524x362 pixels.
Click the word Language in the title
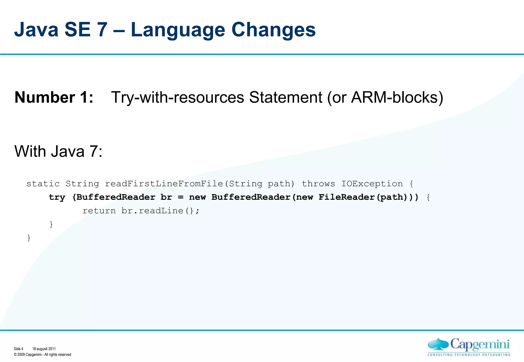click(178, 30)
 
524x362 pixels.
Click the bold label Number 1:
click(54, 98)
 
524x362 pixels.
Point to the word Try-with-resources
click(178, 98)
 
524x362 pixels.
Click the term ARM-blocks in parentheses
click(394, 98)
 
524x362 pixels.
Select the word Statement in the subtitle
click(285, 98)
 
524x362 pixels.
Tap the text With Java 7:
click(58, 151)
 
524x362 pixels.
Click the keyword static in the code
click(43, 184)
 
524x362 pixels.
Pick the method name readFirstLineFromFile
click(164, 184)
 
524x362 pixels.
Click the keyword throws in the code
click(318, 184)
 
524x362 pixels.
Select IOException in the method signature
click(372, 184)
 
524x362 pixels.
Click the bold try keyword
click(57, 197)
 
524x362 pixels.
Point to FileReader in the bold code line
click(346, 197)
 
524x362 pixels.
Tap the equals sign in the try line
click(181, 197)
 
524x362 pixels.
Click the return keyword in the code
click(99, 211)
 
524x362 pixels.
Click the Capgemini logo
click(469, 347)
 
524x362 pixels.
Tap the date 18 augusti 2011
click(44, 349)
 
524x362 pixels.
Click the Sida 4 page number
click(18, 349)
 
